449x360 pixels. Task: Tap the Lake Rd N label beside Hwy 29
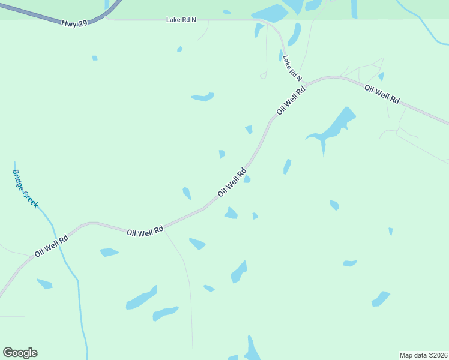(181, 20)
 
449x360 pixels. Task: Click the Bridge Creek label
(25, 188)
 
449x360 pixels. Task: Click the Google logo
(20, 353)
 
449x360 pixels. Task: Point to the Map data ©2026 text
(423, 355)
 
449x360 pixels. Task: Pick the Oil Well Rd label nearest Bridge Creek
(51, 245)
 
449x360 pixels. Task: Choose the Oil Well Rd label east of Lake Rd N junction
(382, 94)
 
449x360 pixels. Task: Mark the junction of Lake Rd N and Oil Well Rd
(307, 82)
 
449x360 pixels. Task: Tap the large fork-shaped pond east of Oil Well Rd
(333, 127)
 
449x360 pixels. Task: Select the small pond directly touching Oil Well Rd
(246, 179)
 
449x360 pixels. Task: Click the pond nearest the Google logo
(44, 283)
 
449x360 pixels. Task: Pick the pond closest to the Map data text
(381, 298)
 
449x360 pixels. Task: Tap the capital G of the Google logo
(8, 353)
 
